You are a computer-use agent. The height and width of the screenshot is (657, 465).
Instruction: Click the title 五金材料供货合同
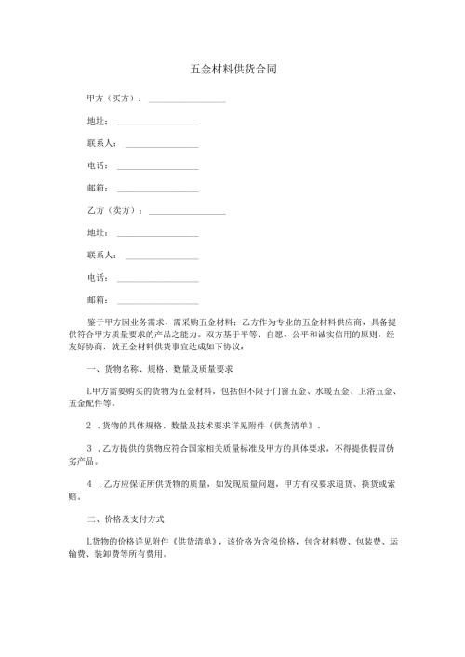[232, 70]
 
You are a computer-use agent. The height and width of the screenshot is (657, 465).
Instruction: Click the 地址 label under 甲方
[97, 121]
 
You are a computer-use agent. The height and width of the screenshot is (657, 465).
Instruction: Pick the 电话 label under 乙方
[97, 278]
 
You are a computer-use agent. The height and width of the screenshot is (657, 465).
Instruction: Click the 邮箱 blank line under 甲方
[157, 191]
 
